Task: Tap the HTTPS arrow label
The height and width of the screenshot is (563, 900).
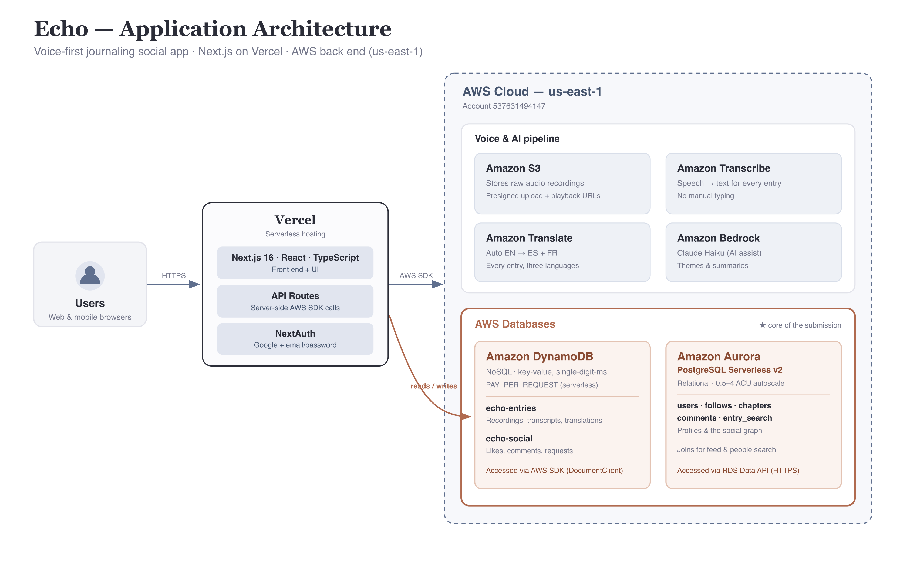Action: point(174,275)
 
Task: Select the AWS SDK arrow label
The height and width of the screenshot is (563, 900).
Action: point(416,275)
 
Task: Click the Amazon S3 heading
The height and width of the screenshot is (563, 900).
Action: point(513,168)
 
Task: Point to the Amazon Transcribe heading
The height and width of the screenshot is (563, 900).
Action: point(724,168)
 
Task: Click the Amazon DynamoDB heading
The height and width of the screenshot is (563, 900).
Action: point(540,356)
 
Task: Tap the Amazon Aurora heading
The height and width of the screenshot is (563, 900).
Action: point(719,356)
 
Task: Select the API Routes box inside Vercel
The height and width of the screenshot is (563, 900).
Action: point(295,301)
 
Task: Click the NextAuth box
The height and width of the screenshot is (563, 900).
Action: point(295,339)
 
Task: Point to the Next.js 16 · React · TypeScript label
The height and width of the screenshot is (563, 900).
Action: point(295,258)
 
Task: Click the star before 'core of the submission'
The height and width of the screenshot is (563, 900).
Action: point(762,325)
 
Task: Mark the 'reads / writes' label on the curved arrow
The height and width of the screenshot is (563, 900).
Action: point(434,386)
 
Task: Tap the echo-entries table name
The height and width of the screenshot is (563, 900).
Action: point(511,408)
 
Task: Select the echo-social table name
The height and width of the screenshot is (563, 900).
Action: point(509,439)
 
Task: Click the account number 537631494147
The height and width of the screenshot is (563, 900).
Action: point(519,106)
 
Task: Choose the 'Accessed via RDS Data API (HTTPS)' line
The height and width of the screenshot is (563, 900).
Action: point(738,470)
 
